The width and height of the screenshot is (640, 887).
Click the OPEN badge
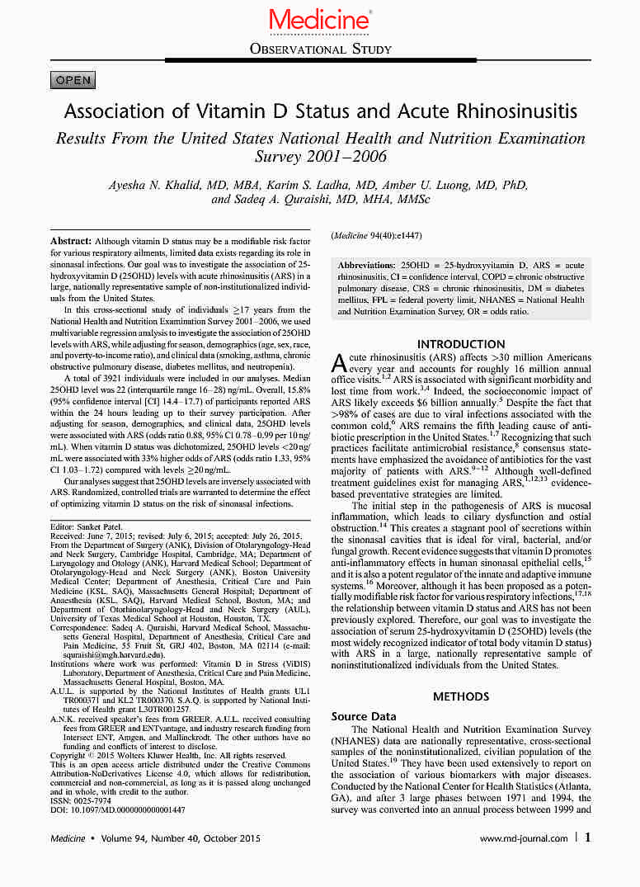[x=73, y=80]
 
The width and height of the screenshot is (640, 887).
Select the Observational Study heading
[x=320, y=49]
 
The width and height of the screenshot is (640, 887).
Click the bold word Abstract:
[x=72, y=238]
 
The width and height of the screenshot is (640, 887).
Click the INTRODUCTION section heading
[x=461, y=344]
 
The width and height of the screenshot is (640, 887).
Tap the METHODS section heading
[x=461, y=696]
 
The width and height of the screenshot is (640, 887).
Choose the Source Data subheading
[x=364, y=716]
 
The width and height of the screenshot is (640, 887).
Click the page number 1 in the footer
[x=587, y=837]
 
